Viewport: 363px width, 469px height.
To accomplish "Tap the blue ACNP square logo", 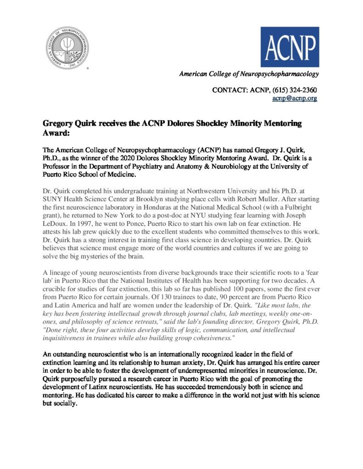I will [290, 47].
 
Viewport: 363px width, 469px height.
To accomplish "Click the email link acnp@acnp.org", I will [295, 98].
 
